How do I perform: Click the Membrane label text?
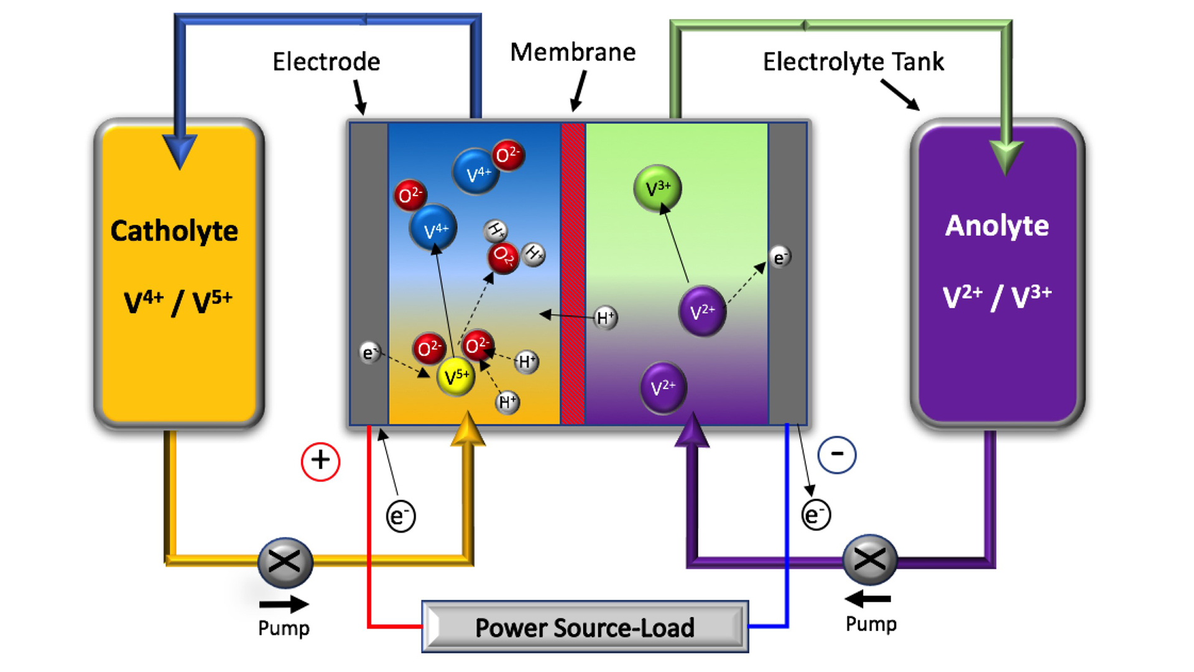pyautogui.click(x=572, y=52)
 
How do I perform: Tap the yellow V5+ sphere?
pyautogui.click(x=456, y=376)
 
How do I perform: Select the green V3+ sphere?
pyautogui.click(x=657, y=188)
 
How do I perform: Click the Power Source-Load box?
pyautogui.click(x=585, y=627)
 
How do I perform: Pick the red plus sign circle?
pyautogui.click(x=320, y=461)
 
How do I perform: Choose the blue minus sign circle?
pyautogui.click(x=837, y=454)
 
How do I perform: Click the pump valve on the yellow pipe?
pyautogui.click(x=285, y=562)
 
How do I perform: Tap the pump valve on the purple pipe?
pyautogui.click(x=869, y=559)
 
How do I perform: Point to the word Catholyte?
pyautogui.click(x=174, y=231)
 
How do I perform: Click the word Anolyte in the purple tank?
pyautogui.click(x=997, y=225)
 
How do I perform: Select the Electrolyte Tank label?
pyautogui.click(x=853, y=62)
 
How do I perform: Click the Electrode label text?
pyautogui.click(x=326, y=62)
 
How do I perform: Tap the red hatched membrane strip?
pyautogui.click(x=573, y=274)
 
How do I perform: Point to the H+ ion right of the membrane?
pyautogui.click(x=605, y=318)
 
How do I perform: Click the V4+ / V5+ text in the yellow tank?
pyautogui.click(x=178, y=302)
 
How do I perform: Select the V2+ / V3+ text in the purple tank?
pyautogui.click(x=997, y=297)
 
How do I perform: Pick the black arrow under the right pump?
pyautogui.click(x=868, y=599)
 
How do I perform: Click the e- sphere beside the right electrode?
pyautogui.click(x=780, y=257)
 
